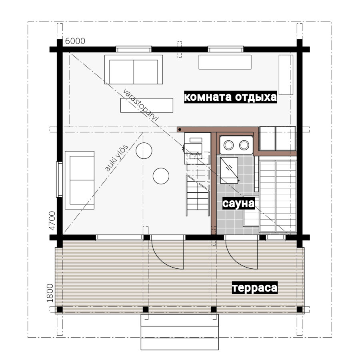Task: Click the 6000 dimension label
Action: point(75,41)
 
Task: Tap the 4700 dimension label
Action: point(52,221)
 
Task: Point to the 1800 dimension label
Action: point(50,293)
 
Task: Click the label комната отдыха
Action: point(230,97)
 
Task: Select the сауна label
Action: point(238,204)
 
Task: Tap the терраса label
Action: point(255,288)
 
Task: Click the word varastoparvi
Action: point(140,105)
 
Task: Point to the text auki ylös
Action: point(116,158)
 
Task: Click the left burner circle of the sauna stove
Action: point(229,145)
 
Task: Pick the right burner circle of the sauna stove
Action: point(244,145)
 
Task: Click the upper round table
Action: point(144,151)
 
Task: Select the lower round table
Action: point(161,176)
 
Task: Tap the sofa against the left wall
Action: point(80,180)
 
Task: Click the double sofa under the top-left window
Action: point(134,70)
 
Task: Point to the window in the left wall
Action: point(59,180)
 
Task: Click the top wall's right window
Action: point(226,49)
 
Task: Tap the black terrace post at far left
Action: point(60,310)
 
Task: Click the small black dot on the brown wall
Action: point(180,130)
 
